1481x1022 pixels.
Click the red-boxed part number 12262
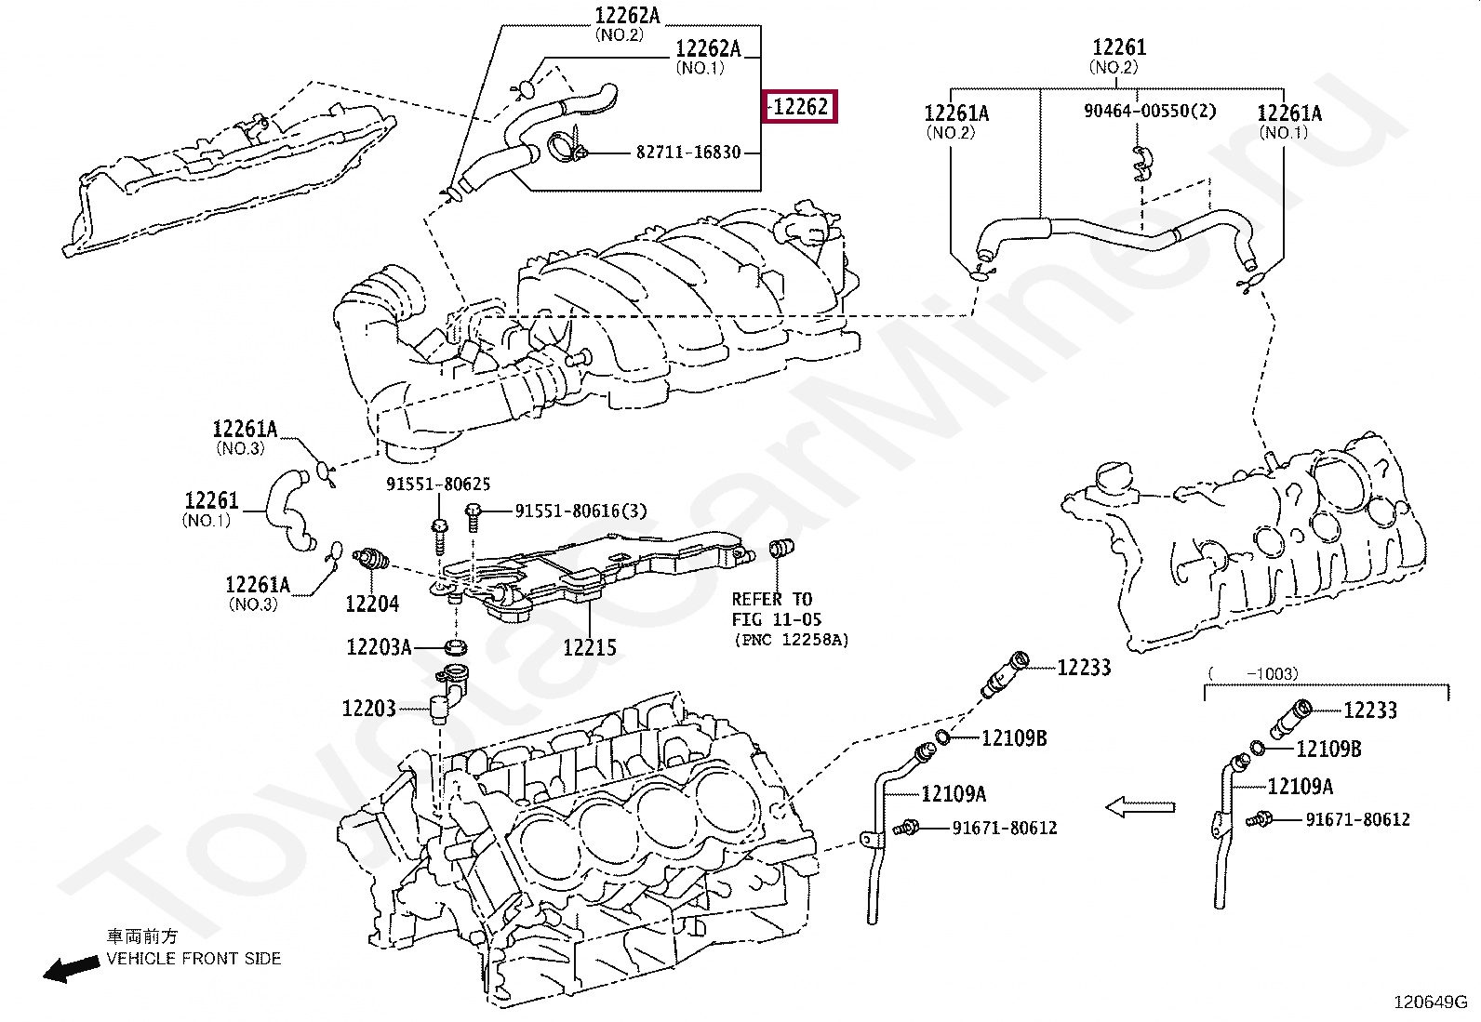800,106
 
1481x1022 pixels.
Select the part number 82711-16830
688,153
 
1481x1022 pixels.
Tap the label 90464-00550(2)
1150,111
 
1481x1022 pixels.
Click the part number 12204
372,604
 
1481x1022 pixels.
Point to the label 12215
590,647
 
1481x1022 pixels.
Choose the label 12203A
379,646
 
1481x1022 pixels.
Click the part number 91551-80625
438,484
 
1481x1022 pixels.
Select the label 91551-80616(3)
581,511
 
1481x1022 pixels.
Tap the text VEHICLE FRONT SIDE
193,959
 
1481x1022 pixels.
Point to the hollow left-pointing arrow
1140,807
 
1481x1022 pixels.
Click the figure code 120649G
1430,1002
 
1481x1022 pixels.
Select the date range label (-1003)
1253,673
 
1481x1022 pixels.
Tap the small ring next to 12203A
456,646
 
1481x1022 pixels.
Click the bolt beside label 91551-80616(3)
473,517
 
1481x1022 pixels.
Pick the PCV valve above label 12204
370,559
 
